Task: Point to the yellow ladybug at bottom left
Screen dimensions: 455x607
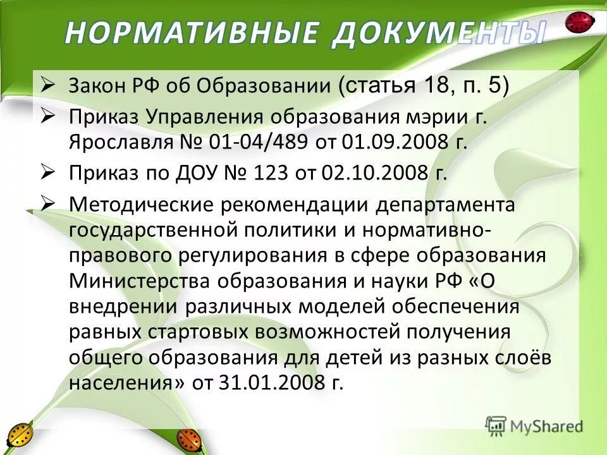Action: pyautogui.click(x=20, y=435)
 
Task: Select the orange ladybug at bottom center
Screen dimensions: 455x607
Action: pyautogui.click(x=188, y=438)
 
